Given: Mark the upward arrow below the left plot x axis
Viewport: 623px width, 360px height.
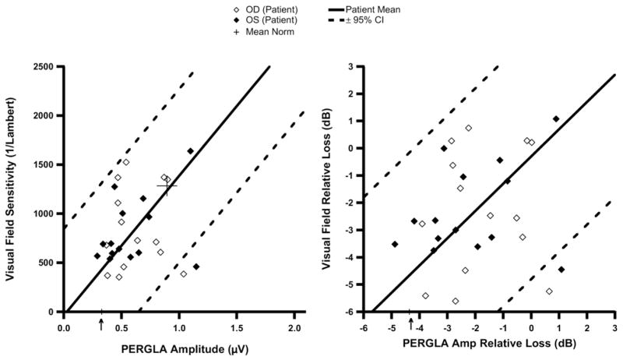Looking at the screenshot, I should [x=101, y=324].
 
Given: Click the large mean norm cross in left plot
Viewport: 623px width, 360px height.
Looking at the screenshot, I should [x=167, y=185].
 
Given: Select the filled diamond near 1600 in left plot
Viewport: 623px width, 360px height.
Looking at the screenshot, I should [x=191, y=151].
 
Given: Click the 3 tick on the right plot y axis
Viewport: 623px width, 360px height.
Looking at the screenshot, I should [x=354, y=66].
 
